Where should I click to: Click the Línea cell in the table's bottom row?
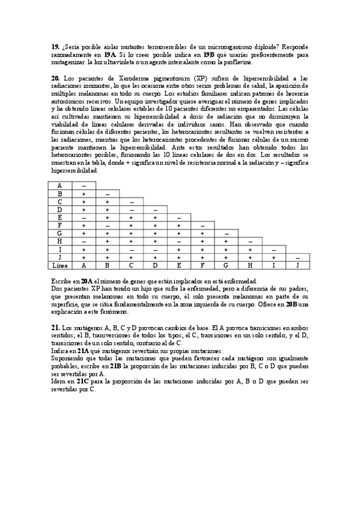coord(60,265)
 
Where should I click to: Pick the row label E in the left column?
coord(60,218)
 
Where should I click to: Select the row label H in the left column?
coord(60,241)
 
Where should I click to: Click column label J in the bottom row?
coord(297,265)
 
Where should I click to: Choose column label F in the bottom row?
coord(203,265)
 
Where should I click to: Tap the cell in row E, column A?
coord(84,218)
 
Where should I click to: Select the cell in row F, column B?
coord(108,226)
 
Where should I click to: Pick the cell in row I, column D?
coord(155,249)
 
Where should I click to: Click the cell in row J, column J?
coord(297,257)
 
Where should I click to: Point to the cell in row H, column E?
coord(178,241)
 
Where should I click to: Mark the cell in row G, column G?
coord(226,233)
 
